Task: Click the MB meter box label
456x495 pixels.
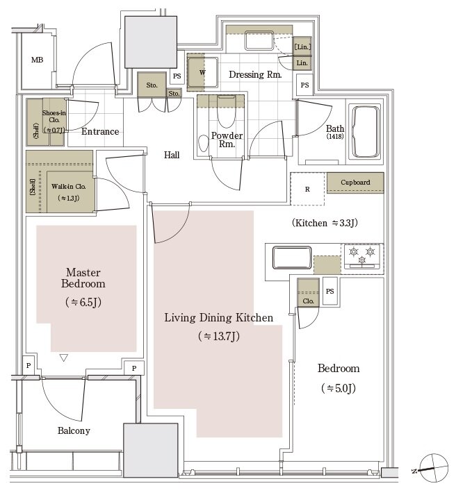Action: coord(37,60)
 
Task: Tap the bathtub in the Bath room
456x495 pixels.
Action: coord(366,131)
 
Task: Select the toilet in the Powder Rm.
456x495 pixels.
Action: coord(204,144)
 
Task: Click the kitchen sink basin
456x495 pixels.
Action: coord(292,258)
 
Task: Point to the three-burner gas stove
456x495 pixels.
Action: coord(362,257)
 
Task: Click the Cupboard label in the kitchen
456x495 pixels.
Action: coord(355,182)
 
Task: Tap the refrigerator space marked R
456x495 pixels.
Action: coord(307,189)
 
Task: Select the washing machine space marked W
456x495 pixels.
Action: coord(202,72)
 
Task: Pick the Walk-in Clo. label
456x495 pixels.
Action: coord(69,186)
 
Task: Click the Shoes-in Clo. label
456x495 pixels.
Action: coord(54,116)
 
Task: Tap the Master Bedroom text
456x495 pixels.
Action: coord(83,278)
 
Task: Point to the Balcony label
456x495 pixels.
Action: coord(74,430)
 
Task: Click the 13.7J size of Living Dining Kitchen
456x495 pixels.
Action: coord(219,336)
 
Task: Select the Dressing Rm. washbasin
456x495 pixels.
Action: coord(259,40)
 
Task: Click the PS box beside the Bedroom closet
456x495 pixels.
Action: coord(329,291)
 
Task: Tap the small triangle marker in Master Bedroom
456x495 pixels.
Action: coord(64,358)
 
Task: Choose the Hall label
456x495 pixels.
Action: coord(172,155)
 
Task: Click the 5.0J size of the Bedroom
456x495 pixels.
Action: coord(339,388)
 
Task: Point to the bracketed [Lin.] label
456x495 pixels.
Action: coord(302,47)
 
